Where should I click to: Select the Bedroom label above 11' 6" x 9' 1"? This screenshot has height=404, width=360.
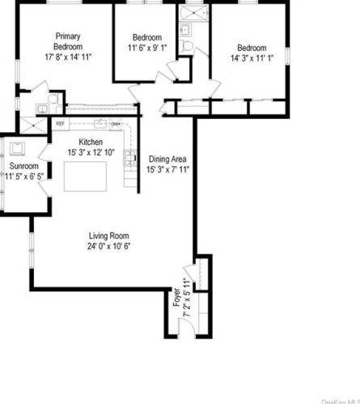tap(146, 38)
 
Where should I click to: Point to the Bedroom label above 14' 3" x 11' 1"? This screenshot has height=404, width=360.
tap(251, 48)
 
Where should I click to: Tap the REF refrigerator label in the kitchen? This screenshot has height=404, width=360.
tap(60, 124)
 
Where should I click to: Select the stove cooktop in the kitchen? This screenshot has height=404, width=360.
tap(127, 159)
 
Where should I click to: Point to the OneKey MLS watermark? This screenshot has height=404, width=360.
tap(341, 400)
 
